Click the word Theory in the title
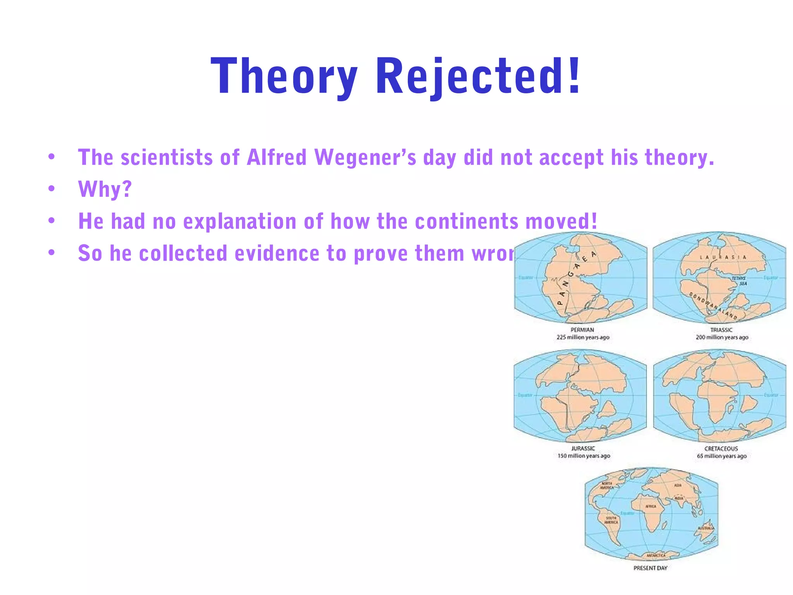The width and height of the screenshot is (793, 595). click(x=284, y=76)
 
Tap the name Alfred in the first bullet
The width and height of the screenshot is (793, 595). click(x=277, y=158)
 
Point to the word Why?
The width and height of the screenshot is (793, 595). click(x=105, y=189)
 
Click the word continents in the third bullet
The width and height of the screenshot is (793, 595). click(x=467, y=221)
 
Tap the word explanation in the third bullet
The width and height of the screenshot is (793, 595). click(x=240, y=222)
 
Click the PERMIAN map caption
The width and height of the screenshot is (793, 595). click(x=582, y=330)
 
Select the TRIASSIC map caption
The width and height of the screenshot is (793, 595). click(x=721, y=330)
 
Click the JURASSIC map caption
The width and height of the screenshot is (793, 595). click(x=583, y=449)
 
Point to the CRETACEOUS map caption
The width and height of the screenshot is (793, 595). click(x=721, y=449)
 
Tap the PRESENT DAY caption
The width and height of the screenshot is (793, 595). click(x=651, y=568)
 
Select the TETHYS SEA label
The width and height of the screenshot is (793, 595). click(x=739, y=281)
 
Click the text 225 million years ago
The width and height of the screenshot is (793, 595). click(x=583, y=337)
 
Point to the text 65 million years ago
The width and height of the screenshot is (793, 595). click(x=722, y=456)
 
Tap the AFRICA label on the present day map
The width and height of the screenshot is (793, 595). click(x=651, y=506)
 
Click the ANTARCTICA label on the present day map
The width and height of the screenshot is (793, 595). click(x=656, y=555)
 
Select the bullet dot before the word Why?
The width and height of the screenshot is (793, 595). click(x=51, y=189)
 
